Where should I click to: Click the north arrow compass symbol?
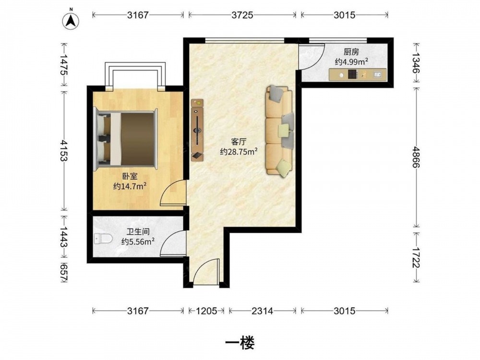click(71, 21)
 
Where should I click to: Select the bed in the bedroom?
click(125, 139)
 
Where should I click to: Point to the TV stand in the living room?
click(197, 130)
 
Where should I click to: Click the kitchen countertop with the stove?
click(358, 75)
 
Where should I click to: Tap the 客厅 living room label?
click(239, 142)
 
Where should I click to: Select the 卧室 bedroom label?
click(130, 176)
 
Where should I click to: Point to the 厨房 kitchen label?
click(351, 52)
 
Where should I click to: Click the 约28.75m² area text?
click(239, 152)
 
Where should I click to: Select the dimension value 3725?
click(242, 15)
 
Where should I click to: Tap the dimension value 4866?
click(415, 157)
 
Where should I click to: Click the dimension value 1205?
click(206, 311)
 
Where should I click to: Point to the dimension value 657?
click(63, 272)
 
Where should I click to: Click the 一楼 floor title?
click(240, 343)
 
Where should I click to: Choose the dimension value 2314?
click(263, 311)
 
